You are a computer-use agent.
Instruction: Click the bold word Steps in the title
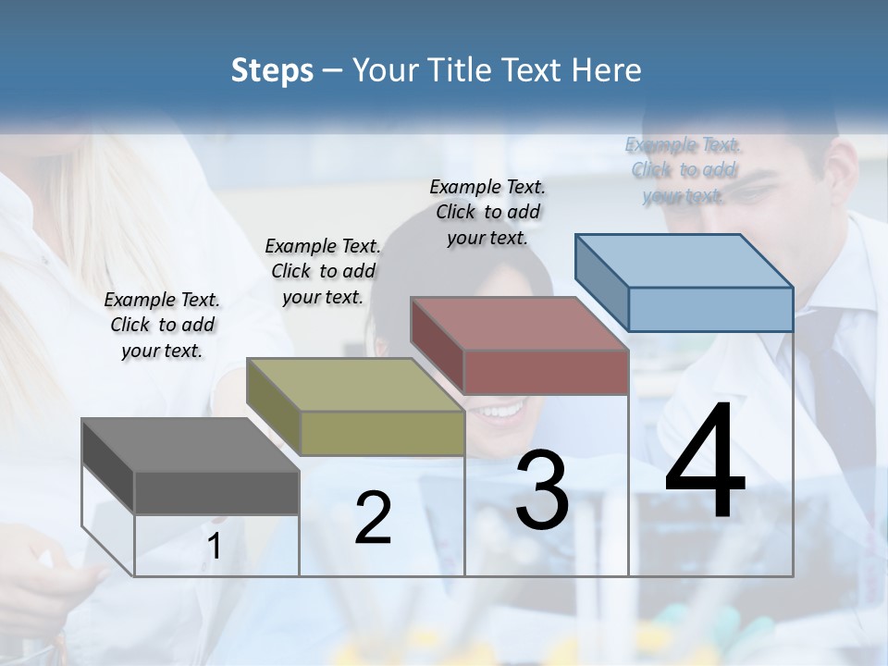click(272, 70)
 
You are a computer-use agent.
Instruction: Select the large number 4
click(705, 462)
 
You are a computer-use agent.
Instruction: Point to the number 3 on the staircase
click(542, 489)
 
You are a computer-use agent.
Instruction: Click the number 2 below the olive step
click(373, 517)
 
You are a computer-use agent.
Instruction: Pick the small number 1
click(215, 547)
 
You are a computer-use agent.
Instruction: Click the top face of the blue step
click(684, 261)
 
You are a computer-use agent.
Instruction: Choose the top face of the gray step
click(191, 446)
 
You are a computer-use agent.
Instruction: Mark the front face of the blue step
click(710, 309)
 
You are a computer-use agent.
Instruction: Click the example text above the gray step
click(162, 325)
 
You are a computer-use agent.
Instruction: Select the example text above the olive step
click(323, 271)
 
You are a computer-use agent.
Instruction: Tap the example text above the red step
click(487, 212)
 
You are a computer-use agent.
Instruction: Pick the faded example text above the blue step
click(684, 169)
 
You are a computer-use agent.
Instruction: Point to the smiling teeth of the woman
click(500, 410)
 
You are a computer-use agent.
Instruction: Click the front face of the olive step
click(382, 432)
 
